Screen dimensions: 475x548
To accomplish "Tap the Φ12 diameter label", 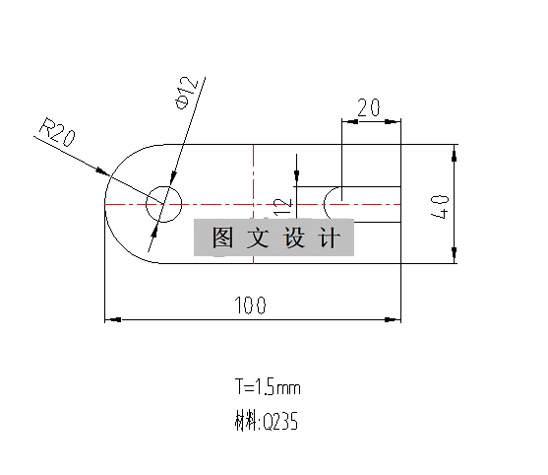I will [x=187, y=95].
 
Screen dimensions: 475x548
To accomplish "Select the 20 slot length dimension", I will [x=369, y=108].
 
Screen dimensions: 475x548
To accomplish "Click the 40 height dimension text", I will [x=441, y=206].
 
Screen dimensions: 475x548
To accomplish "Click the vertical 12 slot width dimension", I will [x=283, y=202].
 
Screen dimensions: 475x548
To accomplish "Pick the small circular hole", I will [x=164, y=205].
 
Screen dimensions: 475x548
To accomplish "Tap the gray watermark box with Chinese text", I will [x=274, y=238].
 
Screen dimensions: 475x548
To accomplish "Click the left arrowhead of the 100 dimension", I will [x=111, y=319].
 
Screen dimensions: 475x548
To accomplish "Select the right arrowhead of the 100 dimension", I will [x=395, y=319].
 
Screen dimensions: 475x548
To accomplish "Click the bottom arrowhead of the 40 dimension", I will [x=455, y=257].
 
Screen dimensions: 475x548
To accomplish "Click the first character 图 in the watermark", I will [x=220, y=238].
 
